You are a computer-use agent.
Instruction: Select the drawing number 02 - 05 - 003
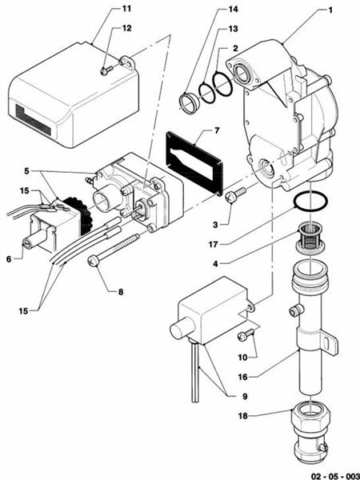(x=325, y=473)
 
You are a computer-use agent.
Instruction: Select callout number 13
(x=233, y=28)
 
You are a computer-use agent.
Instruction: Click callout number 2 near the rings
(x=235, y=48)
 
